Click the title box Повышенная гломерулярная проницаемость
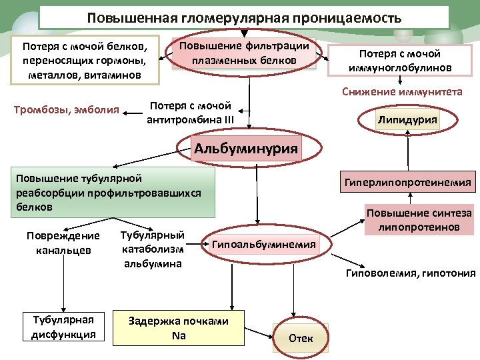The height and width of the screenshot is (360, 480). tap(244, 18)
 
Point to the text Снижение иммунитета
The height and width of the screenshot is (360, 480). tap(402, 92)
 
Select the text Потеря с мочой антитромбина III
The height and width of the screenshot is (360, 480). tap(190, 112)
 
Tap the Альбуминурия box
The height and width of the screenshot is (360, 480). tap(245, 148)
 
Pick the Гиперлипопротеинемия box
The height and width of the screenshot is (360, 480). tap(407, 181)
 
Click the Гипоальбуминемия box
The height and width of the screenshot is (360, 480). tap(263, 245)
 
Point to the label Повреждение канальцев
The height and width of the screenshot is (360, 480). tap(63, 243)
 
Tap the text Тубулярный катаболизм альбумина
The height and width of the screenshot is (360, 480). tap(153, 249)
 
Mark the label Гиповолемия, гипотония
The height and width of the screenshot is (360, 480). tap(410, 273)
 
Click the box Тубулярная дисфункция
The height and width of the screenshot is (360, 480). tap(64, 327)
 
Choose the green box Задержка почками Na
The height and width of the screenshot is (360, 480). tap(179, 328)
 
